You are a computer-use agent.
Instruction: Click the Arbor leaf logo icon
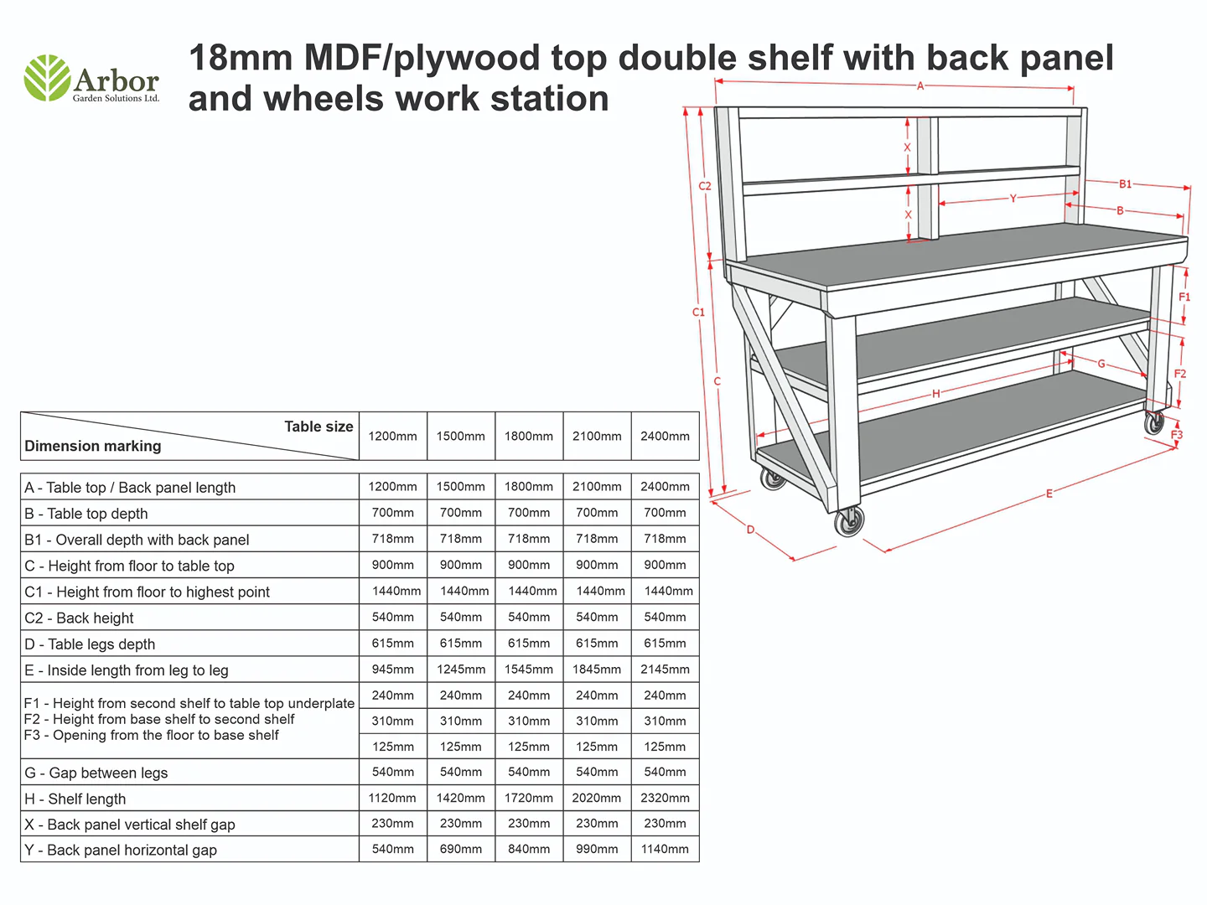(47, 78)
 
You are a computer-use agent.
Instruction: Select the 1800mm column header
(528, 437)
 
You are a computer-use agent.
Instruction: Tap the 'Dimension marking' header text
(93, 446)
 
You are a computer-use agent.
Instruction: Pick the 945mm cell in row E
(392, 670)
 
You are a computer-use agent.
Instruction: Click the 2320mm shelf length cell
(665, 798)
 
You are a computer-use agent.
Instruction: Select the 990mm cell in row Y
(597, 849)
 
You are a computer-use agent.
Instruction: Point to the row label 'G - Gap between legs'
(96, 773)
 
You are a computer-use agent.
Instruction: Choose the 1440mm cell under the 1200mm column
(396, 591)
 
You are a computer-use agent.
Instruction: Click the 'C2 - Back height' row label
(79, 618)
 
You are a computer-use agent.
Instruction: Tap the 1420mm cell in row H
(461, 798)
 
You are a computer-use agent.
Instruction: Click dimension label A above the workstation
(919, 86)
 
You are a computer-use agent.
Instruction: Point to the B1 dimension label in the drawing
(1125, 184)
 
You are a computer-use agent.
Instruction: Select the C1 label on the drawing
(698, 312)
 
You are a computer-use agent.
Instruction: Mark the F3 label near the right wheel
(1177, 435)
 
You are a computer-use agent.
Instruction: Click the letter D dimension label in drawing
(750, 530)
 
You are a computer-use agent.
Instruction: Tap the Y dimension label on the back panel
(1013, 199)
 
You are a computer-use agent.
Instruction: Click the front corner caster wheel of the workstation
(849, 522)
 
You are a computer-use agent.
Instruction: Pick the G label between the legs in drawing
(1101, 364)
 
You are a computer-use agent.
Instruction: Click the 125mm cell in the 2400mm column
(665, 747)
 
